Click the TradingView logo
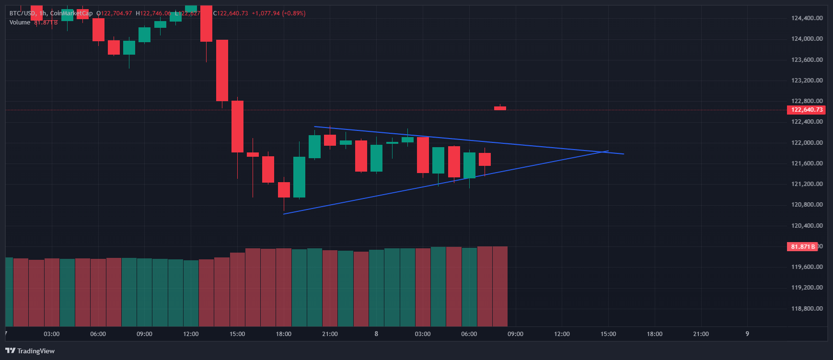pyautogui.click(x=30, y=351)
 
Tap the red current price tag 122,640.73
pyautogui.click(x=807, y=110)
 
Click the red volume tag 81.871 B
pyautogui.click(x=802, y=246)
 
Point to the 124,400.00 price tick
pyautogui.click(x=807, y=18)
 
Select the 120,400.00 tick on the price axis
pyautogui.click(x=807, y=226)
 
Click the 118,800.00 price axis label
pyautogui.click(x=807, y=309)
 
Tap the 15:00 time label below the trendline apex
pyautogui.click(x=608, y=334)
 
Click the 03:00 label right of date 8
pyautogui.click(x=422, y=334)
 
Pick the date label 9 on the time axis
pyautogui.click(x=747, y=334)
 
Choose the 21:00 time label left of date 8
pyautogui.click(x=330, y=334)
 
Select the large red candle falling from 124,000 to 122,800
pyautogui.click(x=222, y=70)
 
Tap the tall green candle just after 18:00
pyautogui.click(x=299, y=177)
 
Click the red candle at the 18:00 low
pyautogui.click(x=284, y=190)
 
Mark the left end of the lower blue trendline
pyautogui.click(x=284, y=214)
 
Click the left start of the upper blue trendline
pyautogui.click(x=315, y=127)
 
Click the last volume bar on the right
pyautogui.click(x=500, y=286)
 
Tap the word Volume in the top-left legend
pyautogui.click(x=20, y=23)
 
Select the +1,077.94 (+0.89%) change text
pyautogui.click(x=278, y=13)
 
